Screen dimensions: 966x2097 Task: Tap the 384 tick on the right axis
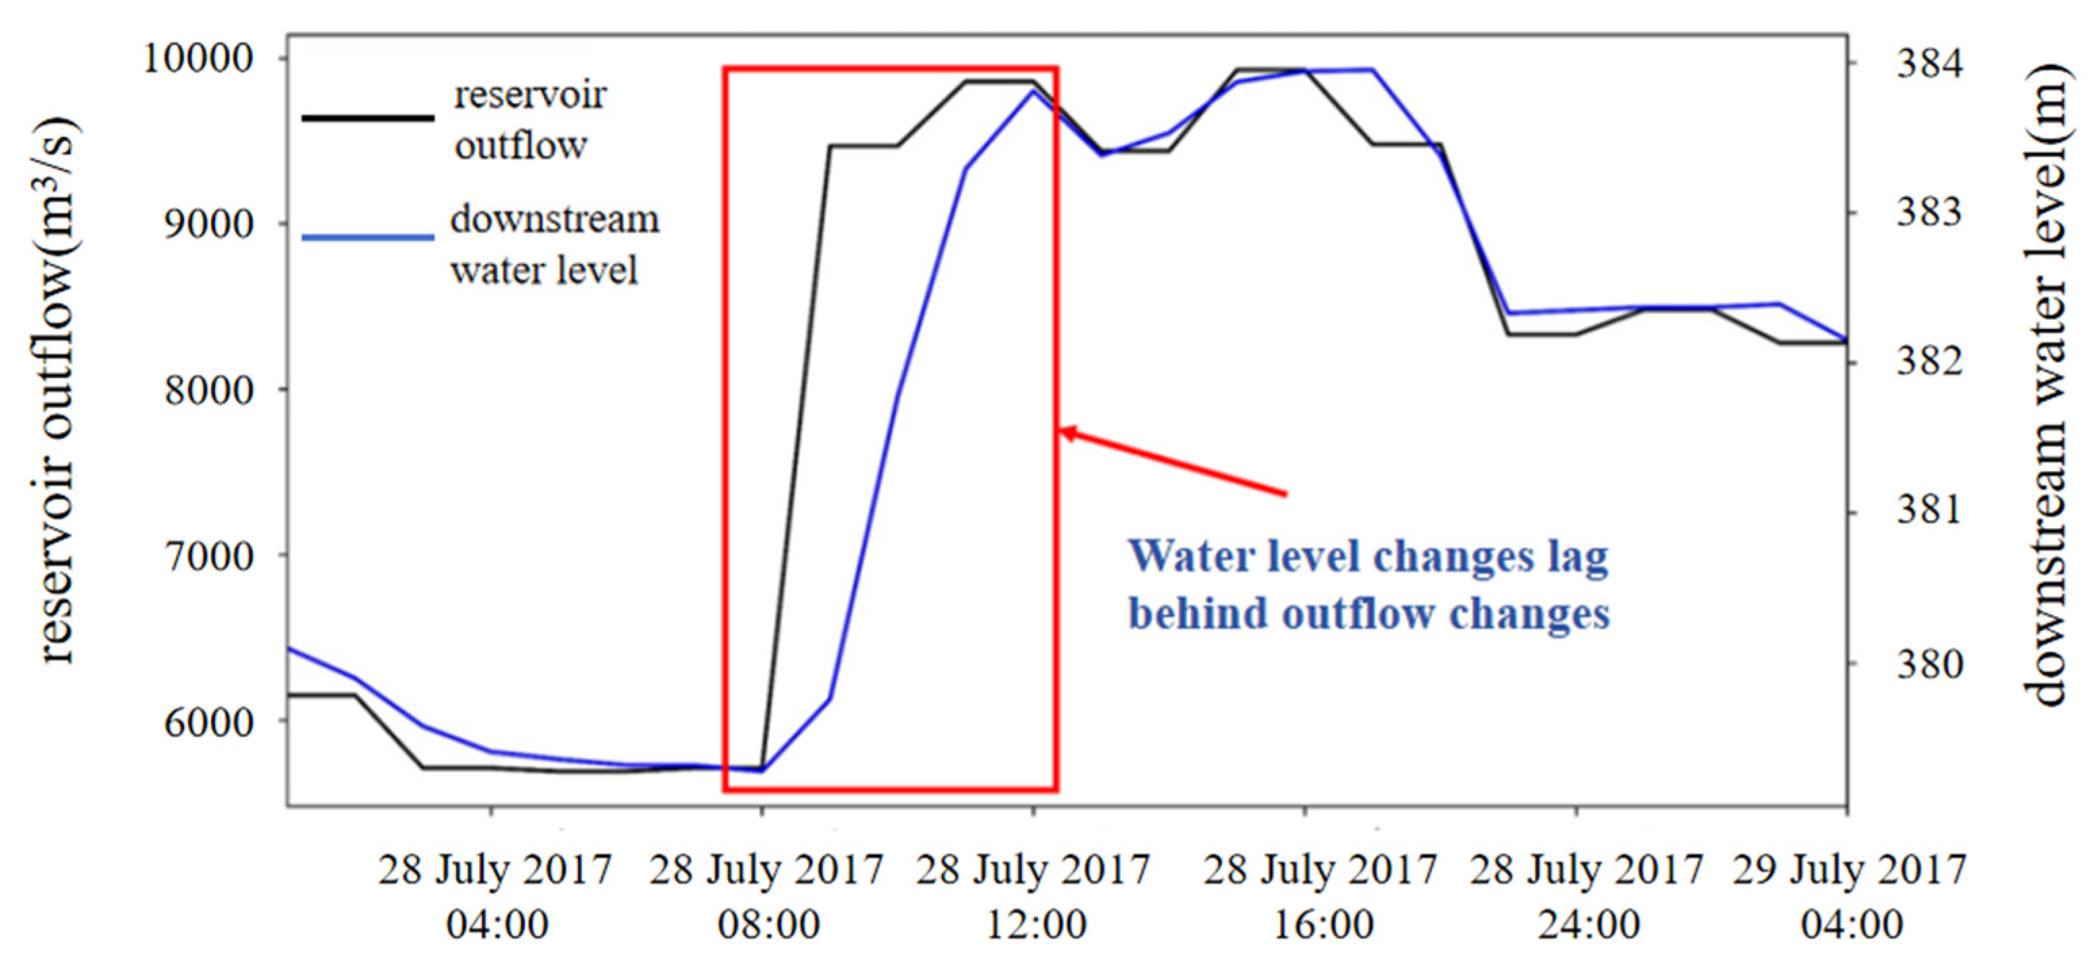pyautogui.click(x=1930, y=63)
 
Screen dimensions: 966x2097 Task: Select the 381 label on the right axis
pyautogui.click(x=1930, y=510)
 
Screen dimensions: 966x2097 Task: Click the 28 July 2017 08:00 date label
pyautogui.click(x=766, y=896)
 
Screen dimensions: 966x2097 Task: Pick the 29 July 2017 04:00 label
pyautogui.click(x=1849, y=896)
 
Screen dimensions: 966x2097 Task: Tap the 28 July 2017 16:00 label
pyautogui.click(x=1320, y=896)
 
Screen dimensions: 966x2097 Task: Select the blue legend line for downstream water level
pyautogui.click(x=368, y=238)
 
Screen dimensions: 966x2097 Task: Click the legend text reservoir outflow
pyautogui.click(x=529, y=120)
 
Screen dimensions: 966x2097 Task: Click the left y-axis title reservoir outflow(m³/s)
pyautogui.click(x=57, y=391)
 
